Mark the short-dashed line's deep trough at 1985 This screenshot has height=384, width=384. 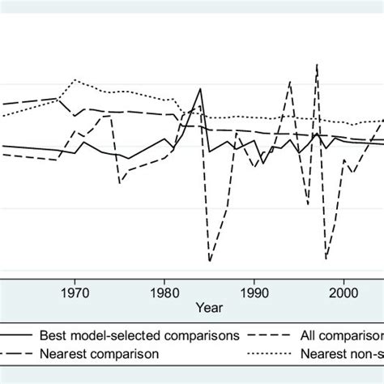210,261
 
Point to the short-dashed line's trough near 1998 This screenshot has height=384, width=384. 326,258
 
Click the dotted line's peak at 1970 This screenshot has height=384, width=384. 75,80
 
